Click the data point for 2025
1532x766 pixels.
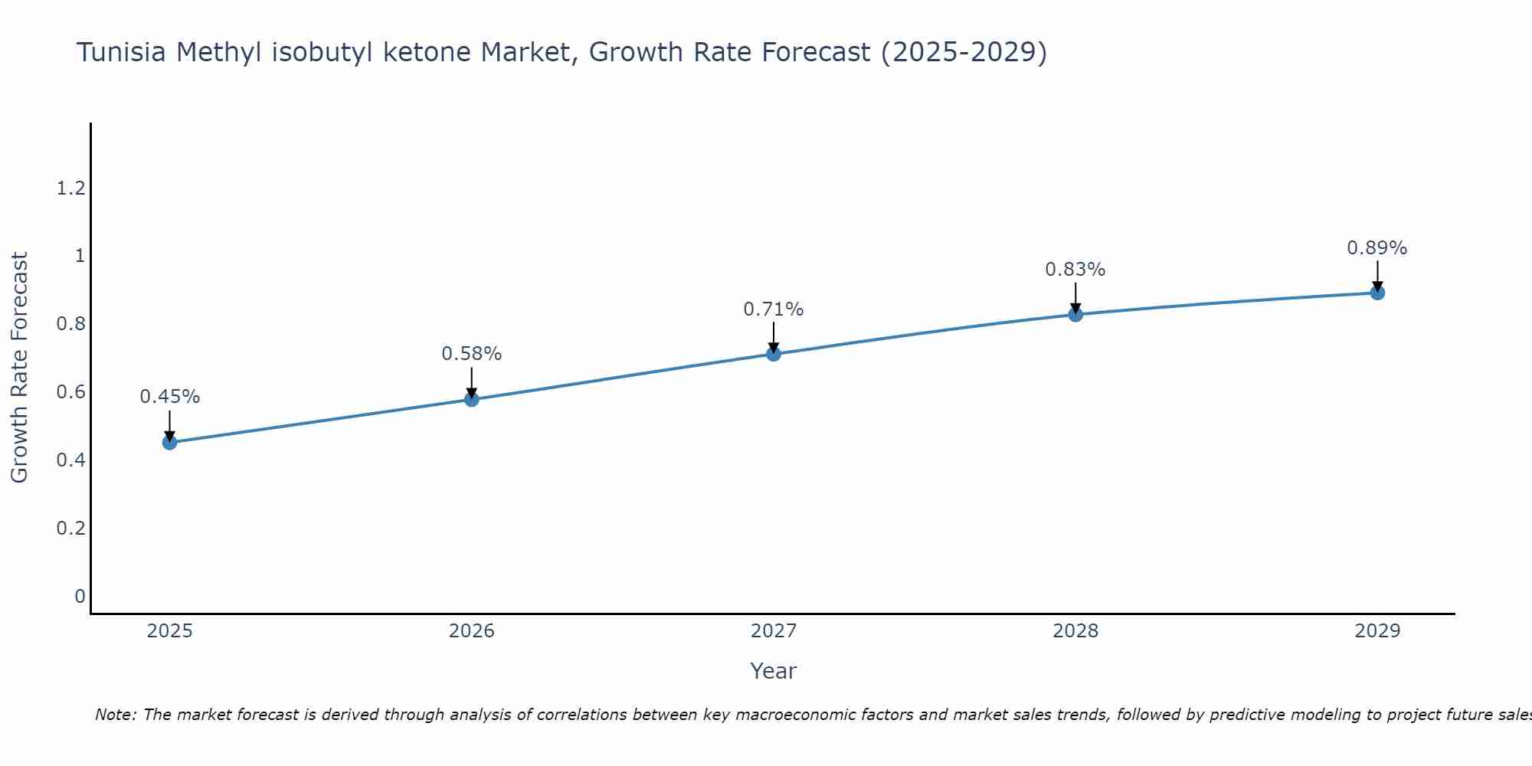170,442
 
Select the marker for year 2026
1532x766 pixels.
472,399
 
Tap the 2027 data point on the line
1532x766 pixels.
774,354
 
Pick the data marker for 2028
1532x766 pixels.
1075,314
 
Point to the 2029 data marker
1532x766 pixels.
1377,293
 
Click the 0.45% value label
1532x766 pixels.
170,397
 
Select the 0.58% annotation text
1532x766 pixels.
472,354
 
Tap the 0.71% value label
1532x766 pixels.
774,309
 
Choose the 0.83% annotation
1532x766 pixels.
1075,270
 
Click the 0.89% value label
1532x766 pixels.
1377,248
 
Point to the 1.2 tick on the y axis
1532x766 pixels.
70,188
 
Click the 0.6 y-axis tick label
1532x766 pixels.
70,392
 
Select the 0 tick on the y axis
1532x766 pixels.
80,596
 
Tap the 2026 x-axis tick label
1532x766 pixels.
472,631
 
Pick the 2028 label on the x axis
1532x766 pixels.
1075,631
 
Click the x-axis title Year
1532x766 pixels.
774,671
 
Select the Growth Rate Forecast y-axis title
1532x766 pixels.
20,368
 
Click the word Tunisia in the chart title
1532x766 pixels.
123,53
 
